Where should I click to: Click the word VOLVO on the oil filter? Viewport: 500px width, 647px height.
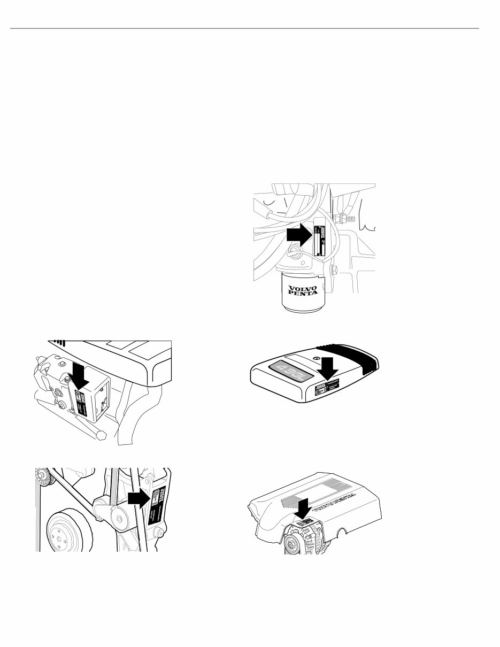click(x=302, y=289)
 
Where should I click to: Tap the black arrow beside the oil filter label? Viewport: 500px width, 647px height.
click(x=298, y=234)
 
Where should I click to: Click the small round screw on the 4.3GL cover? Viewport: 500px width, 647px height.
click(x=317, y=358)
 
